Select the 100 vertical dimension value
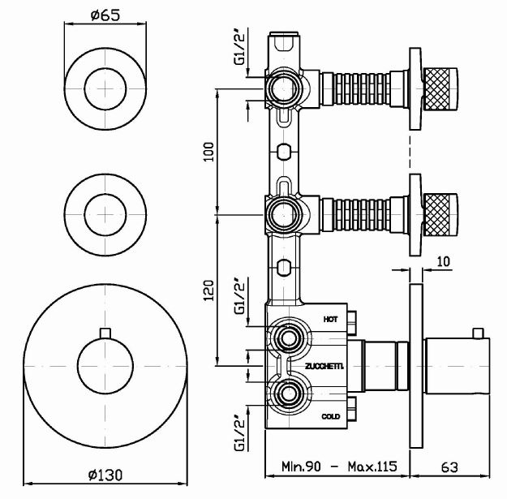click(x=208, y=151)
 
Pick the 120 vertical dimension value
click(x=208, y=290)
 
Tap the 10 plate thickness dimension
click(x=442, y=260)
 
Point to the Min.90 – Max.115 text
click(x=339, y=468)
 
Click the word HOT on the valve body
click(x=329, y=320)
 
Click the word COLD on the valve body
click(x=329, y=416)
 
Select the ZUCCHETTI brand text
click(x=324, y=367)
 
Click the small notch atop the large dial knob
click(x=104, y=332)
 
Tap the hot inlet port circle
click(x=286, y=338)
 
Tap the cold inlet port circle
click(x=286, y=395)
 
